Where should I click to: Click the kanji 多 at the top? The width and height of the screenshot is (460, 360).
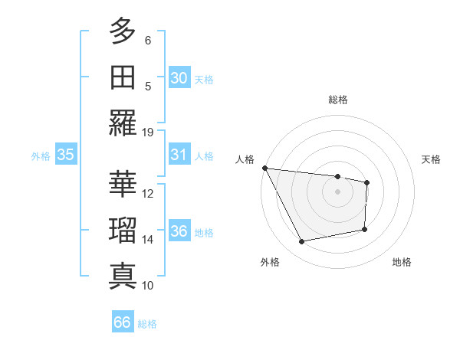(x=122, y=32)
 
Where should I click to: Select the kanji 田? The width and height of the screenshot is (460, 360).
(x=122, y=77)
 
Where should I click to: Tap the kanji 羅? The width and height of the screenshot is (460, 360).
(x=122, y=123)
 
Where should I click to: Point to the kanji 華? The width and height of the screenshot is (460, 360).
(x=122, y=184)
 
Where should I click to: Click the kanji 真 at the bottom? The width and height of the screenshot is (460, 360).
(x=122, y=277)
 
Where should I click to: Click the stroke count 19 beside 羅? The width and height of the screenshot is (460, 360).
(x=148, y=132)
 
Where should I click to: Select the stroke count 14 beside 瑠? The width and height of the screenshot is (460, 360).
(x=148, y=240)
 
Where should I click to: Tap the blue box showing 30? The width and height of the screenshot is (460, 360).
(x=179, y=78)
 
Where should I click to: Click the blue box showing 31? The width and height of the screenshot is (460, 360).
(x=179, y=155)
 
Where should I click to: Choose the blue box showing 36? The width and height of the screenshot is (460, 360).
(x=179, y=231)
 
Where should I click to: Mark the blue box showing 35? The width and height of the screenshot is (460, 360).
(x=65, y=155)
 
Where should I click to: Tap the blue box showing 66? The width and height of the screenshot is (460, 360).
(x=122, y=322)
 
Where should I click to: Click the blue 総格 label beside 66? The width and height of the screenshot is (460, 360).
(x=147, y=324)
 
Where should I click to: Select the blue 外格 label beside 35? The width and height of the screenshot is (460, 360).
(x=41, y=156)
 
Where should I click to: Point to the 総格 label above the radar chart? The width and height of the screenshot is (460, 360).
(x=337, y=100)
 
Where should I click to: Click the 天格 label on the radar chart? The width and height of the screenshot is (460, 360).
(x=431, y=159)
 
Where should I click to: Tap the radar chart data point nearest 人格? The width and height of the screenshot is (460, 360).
(x=264, y=168)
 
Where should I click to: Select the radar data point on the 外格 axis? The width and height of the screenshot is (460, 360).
(x=301, y=242)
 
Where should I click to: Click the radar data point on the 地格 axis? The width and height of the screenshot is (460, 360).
(x=365, y=229)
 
